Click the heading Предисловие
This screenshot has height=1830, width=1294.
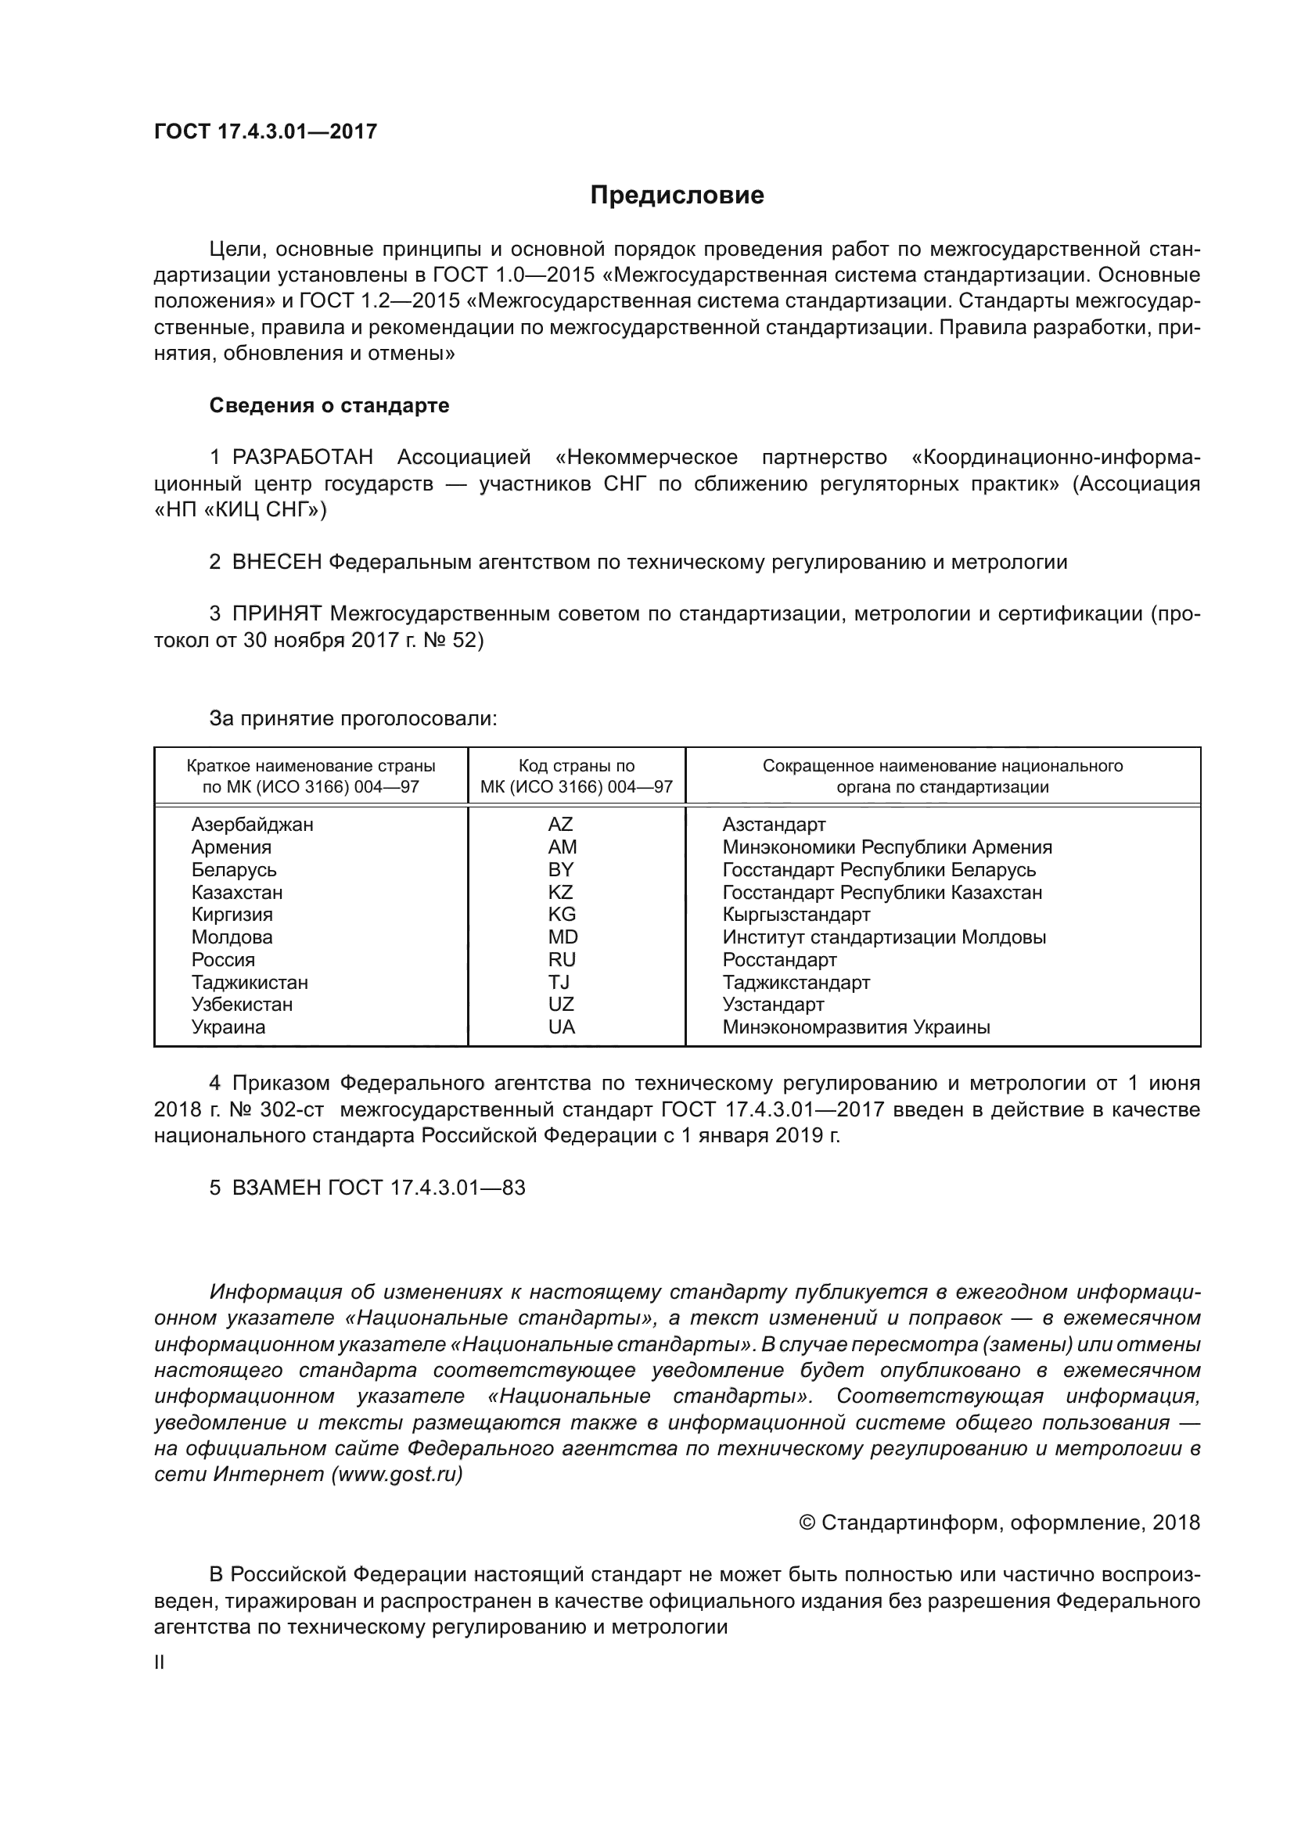(677, 196)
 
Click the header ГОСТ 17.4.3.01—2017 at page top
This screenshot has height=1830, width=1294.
(265, 132)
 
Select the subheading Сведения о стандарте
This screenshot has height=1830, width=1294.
(329, 406)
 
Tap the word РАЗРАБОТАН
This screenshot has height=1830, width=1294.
(302, 458)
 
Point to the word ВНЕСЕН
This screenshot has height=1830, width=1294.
(276, 562)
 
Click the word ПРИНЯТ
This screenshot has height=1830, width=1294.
(276, 613)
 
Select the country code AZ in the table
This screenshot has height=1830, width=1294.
(560, 825)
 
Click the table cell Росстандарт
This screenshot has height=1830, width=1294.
(779, 960)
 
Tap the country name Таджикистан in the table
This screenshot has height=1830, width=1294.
(250, 982)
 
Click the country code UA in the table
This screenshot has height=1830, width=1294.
(561, 1027)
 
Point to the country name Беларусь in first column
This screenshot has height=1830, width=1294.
(233, 869)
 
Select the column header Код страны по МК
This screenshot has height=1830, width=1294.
(576, 776)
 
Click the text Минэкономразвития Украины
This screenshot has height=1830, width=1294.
(856, 1027)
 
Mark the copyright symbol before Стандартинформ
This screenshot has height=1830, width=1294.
(807, 1523)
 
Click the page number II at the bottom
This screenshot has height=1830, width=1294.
(160, 1663)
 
